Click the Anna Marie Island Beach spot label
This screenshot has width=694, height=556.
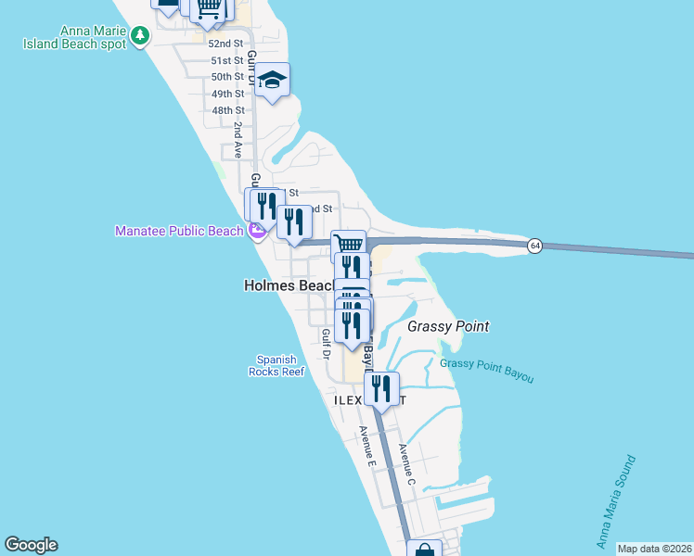click(x=79, y=35)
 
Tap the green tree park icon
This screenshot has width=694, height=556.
click(x=139, y=35)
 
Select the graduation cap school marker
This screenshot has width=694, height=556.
click(x=273, y=80)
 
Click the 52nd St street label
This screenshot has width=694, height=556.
click(x=226, y=44)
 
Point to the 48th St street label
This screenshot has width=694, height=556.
click(x=227, y=110)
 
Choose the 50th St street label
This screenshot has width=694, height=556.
click(x=227, y=77)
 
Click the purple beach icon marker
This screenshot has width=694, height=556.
click(x=257, y=232)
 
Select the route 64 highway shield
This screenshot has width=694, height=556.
click(x=534, y=246)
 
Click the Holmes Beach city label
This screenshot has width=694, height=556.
click(x=287, y=286)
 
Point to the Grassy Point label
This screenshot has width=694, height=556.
click(x=448, y=326)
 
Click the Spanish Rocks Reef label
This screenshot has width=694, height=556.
click(x=276, y=365)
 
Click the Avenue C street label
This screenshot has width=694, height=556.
click(x=405, y=464)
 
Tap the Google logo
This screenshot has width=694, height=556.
click(x=31, y=545)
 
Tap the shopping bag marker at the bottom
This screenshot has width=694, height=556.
click(x=425, y=550)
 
